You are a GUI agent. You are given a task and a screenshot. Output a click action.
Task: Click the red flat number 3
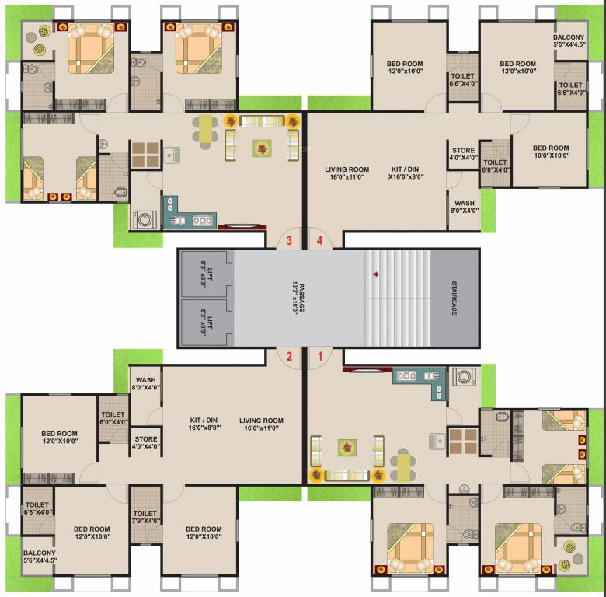(289, 240)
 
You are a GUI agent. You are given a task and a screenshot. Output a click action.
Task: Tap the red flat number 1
(317, 357)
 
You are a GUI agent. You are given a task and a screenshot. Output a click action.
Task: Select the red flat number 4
(317, 240)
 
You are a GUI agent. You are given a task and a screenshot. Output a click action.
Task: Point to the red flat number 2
(289, 357)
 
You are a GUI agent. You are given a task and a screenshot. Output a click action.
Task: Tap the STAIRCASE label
(454, 298)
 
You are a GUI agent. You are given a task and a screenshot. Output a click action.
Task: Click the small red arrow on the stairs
(377, 274)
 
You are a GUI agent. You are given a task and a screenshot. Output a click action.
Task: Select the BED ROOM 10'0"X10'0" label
(550, 152)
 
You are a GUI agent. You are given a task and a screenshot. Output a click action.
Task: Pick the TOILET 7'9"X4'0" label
(145, 518)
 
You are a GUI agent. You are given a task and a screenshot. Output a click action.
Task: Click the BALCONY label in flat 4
(569, 40)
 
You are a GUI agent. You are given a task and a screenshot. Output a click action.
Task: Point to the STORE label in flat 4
(463, 154)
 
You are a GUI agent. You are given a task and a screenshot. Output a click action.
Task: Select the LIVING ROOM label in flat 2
(261, 424)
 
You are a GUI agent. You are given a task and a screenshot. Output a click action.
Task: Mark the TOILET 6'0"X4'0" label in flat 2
(113, 416)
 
